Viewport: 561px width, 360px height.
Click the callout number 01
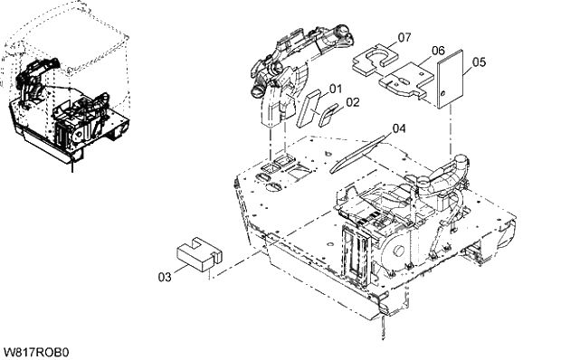(335, 89)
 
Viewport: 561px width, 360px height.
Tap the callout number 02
(352, 102)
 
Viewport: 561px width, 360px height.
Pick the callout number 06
(437, 51)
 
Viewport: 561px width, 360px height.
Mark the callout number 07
(404, 37)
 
